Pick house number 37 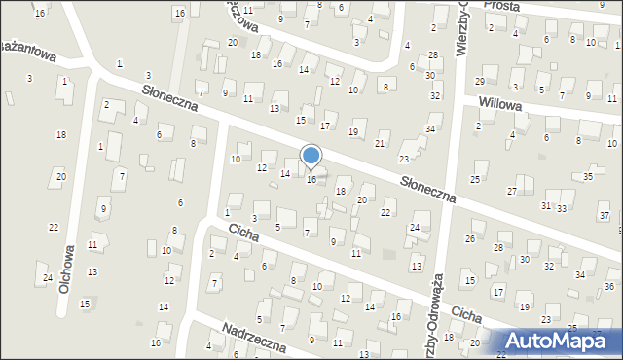pyautogui.click(x=604, y=215)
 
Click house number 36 pyautogui.click(x=608, y=286)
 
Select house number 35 pyautogui.click(x=587, y=177)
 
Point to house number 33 pyautogui.click(x=562, y=209)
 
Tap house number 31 pyautogui.click(x=546, y=206)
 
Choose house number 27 pyautogui.click(x=512, y=191)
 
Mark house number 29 pyautogui.click(x=479, y=81)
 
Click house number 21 pyautogui.click(x=380, y=144)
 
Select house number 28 pyautogui.click(x=498, y=248)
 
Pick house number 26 pyautogui.click(x=470, y=238)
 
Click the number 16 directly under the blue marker pyautogui.click(x=311, y=180)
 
